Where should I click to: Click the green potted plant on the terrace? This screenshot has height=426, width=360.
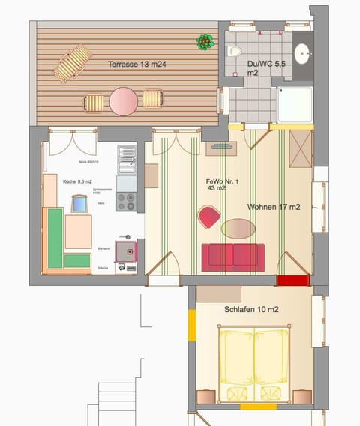pos(205,41)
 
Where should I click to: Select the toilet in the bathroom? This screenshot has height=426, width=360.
pos(235,52)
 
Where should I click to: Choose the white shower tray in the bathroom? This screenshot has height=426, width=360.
pos(295,104)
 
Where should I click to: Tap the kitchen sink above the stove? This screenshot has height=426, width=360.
pos(126,156)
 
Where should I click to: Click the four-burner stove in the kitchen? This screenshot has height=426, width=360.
pos(126,201)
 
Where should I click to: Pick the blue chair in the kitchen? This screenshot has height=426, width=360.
pos(79,204)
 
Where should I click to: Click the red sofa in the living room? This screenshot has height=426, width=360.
pos(232,255)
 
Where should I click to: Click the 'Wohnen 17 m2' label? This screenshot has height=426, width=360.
pos(274,207)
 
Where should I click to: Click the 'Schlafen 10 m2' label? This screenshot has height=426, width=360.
pos(252,309)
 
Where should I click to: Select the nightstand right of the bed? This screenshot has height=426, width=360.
pos(302,396)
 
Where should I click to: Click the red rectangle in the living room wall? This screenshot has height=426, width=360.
pos(292,280)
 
